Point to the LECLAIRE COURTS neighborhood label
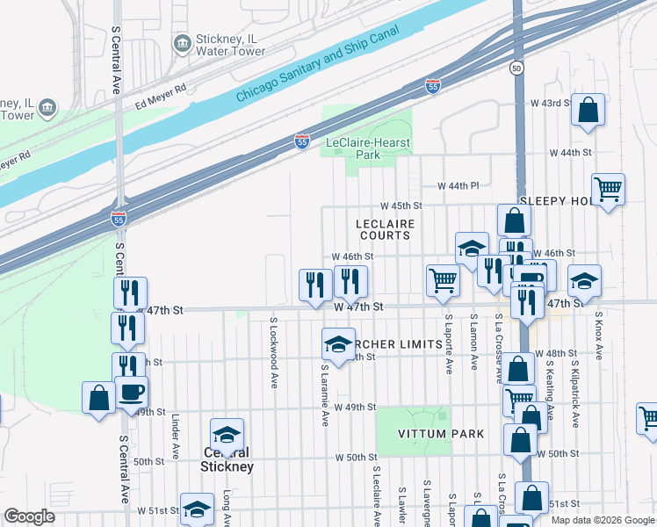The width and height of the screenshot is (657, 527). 385,230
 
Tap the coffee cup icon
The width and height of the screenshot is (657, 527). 132,392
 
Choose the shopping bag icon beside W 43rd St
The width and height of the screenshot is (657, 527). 588,111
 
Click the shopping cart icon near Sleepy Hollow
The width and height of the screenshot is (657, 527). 608,189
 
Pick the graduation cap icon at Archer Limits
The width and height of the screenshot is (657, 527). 338,345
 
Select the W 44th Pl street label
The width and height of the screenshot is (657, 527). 458,186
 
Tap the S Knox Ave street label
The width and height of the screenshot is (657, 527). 599,335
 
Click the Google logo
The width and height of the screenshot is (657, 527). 29,517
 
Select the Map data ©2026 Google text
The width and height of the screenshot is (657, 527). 602,520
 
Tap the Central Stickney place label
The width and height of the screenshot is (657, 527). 228,460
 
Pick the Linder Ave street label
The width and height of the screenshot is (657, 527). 176,437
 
